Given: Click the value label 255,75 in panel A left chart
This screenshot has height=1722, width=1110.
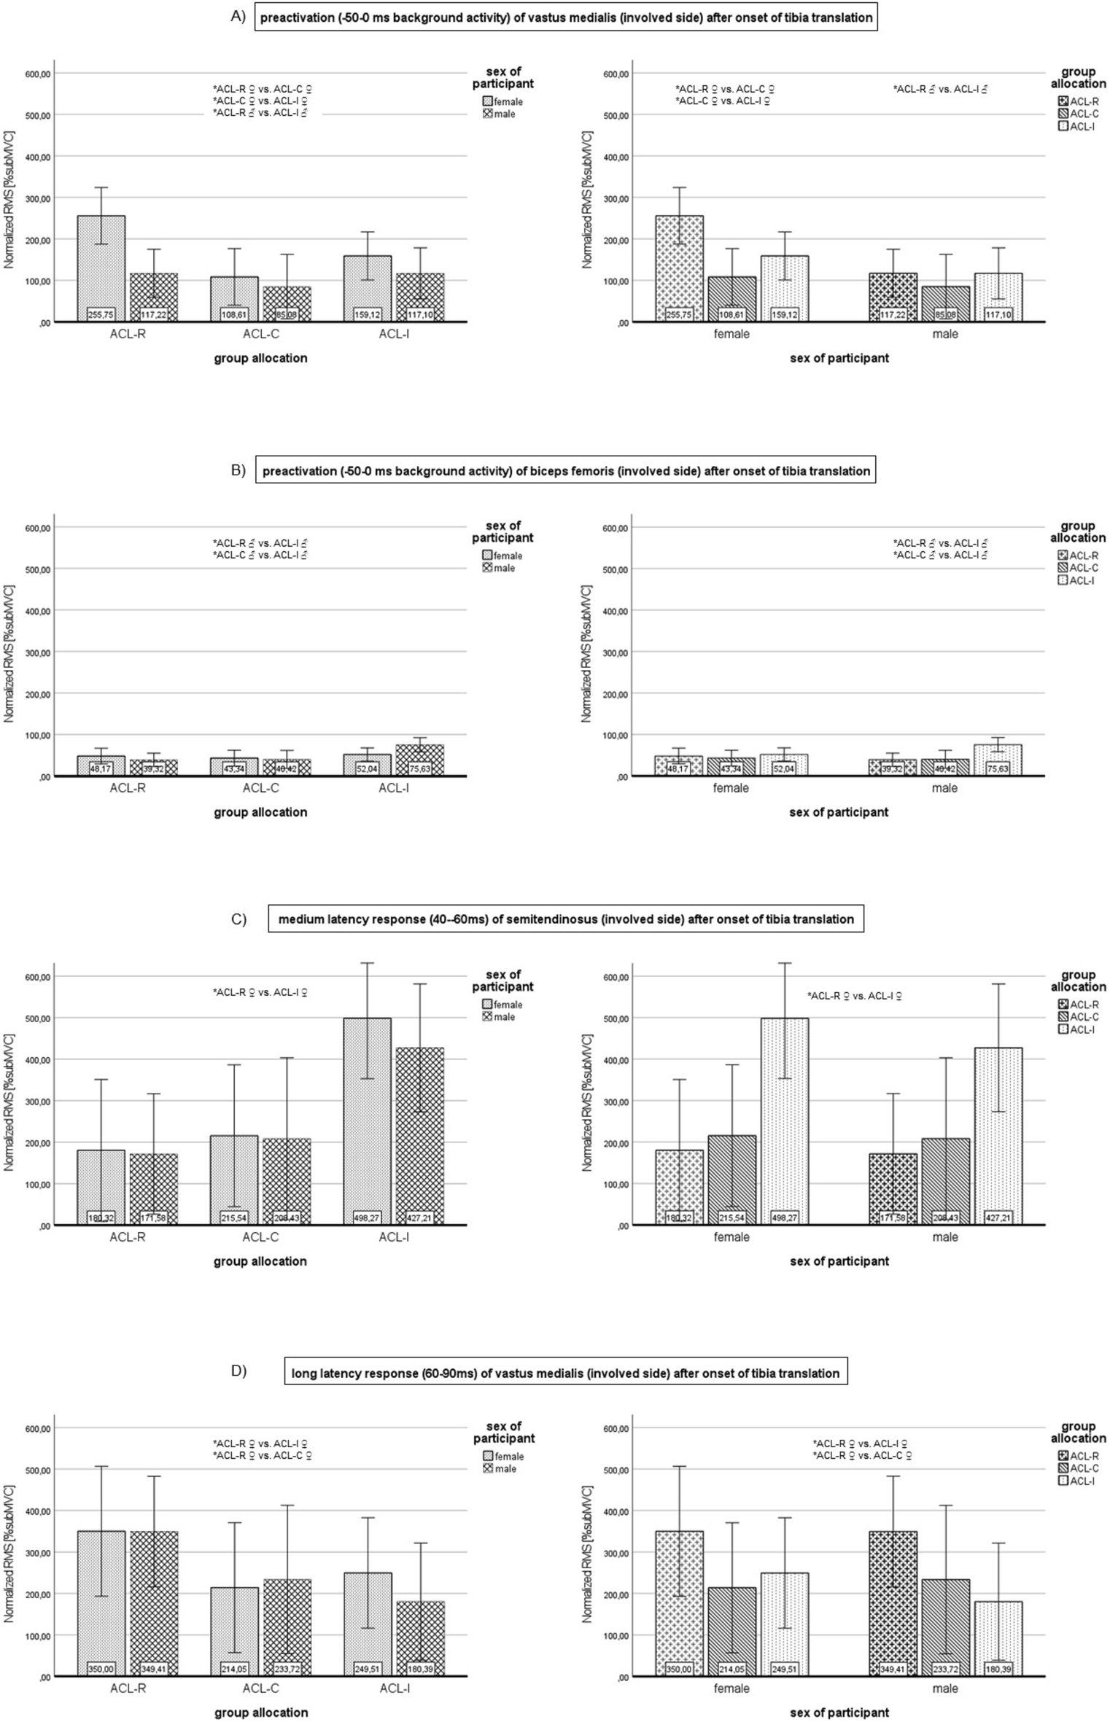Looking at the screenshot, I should tap(101, 314).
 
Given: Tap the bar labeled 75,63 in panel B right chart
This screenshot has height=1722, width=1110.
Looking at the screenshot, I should tap(998, 759).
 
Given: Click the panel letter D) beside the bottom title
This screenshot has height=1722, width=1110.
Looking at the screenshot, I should tap(238, 1371).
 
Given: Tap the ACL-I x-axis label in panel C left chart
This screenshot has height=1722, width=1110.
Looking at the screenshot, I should tap(394, 1237).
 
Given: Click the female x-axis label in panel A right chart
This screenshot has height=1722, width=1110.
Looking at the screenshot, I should tap(731, 335).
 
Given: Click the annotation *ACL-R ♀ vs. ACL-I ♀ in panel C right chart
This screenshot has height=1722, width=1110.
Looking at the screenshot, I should tap(854, 996).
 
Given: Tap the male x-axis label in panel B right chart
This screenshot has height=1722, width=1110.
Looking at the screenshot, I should tap(945, 788).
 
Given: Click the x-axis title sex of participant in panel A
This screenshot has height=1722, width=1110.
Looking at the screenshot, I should tap(839, 359).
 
